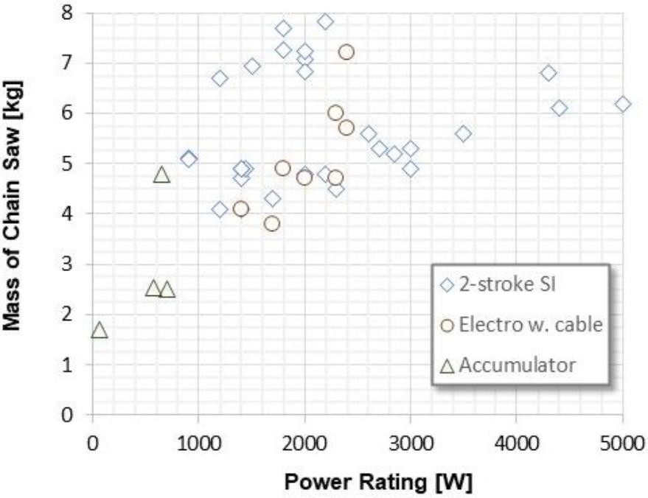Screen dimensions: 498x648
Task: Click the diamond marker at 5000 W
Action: point(623,104)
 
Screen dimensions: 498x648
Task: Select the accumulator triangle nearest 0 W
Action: point(100,330)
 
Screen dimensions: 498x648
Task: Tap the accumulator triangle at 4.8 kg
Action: point(162,175)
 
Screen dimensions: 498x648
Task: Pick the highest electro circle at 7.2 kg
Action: point(346,52)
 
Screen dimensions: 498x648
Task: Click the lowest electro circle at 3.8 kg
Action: point(272,223)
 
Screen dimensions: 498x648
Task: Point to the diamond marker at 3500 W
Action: point(463,133)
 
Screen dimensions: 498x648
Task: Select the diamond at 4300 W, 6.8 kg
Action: point(548,73)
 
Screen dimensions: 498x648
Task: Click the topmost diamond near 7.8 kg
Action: point(325,21)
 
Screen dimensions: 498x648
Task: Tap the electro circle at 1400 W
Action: point(240,208)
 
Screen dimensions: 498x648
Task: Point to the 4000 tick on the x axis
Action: point(516,444)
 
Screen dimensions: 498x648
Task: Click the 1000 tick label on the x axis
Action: point(198,444)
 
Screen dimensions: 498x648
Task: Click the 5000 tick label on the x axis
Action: point(622,444)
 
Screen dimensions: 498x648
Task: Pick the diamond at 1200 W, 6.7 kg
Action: point(220,78)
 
